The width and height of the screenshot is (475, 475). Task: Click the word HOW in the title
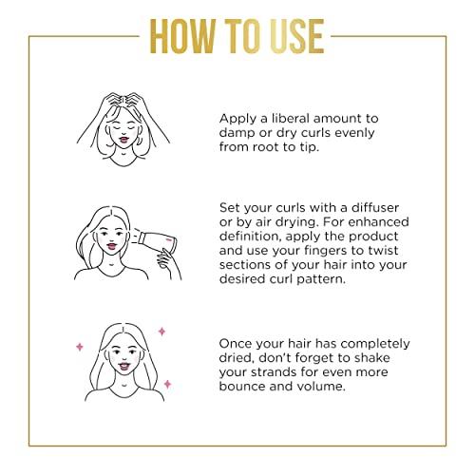pos(182,36)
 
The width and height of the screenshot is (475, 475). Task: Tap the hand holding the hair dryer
pos(168,258)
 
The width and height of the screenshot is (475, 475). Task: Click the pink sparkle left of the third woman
pos(80,347)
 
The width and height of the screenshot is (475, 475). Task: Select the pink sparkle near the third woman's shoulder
pos(167,384)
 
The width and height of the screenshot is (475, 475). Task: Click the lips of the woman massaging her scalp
pos(123,140)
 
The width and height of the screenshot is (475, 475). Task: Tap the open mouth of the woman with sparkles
pos(123,367)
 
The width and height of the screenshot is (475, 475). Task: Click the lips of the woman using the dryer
pos(111,246)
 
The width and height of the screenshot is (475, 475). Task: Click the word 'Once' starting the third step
pos(236,344)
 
